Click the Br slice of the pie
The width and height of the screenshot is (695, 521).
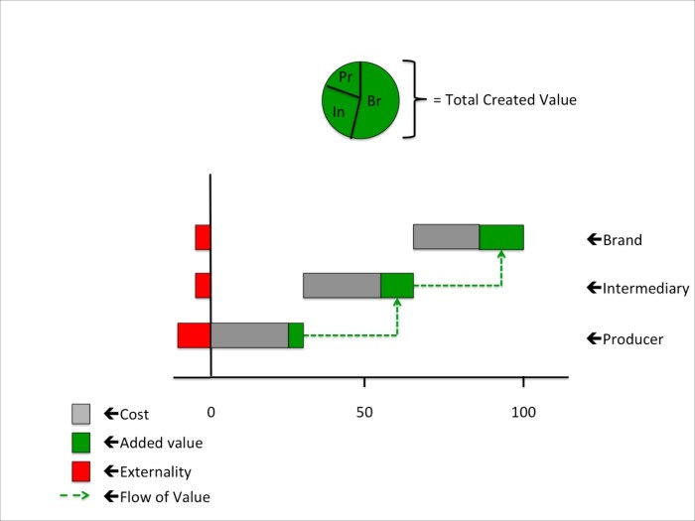click(x=379, y=99)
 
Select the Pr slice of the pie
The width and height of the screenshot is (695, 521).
click(x=344, y=77)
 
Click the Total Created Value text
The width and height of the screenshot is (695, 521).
click(x=504, y=100)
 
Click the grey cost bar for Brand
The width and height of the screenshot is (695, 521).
click(x=446, y=237)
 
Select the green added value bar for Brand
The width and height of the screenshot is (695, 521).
click(x=501, y=237)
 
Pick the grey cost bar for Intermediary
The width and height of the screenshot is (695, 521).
click(x=342, y=285)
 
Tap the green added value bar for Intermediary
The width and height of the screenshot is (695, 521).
click(x=397, y=285)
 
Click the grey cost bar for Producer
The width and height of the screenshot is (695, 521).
click(x=249, y=335)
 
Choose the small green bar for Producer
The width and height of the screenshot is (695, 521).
click(x=296, y=335)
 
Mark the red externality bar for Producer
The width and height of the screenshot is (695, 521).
click(x=194, y=335)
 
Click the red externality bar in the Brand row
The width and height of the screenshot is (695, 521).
click(x=203, y=237)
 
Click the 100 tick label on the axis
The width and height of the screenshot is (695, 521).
click(x=523, y=411)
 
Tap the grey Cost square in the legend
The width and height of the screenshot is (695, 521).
click(x=81, y=414)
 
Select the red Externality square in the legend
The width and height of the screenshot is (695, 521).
click(x=81, y=470)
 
